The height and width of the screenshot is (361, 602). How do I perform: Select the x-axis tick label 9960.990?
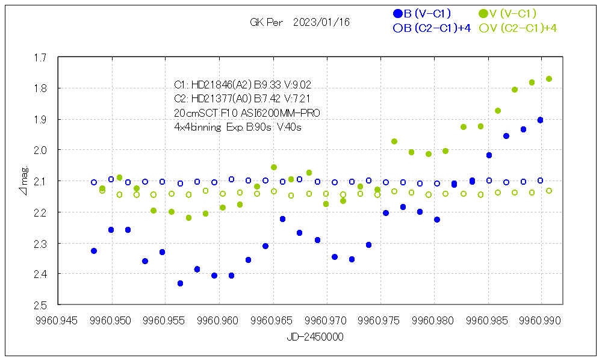click(541, 320)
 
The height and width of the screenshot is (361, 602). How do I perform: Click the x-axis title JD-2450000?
click(315, 338)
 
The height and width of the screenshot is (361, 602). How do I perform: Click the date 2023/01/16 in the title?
click(321, 22)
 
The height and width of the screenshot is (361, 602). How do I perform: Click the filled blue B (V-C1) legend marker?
click(397, 13)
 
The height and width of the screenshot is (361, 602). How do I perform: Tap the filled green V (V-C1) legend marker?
click(483, 13)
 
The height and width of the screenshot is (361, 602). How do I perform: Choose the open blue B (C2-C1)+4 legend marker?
click(397, 28)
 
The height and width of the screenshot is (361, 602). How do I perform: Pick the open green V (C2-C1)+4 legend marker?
click(483, 28)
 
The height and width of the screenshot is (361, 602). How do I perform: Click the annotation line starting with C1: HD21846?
click(243, 84)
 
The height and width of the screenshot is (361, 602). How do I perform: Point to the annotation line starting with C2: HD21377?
click(242, 98)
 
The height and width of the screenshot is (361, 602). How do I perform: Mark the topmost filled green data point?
click(549, 79)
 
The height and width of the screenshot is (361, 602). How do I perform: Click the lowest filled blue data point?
click(180, 283)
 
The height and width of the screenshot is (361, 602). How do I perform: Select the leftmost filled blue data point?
click(94, 251)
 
